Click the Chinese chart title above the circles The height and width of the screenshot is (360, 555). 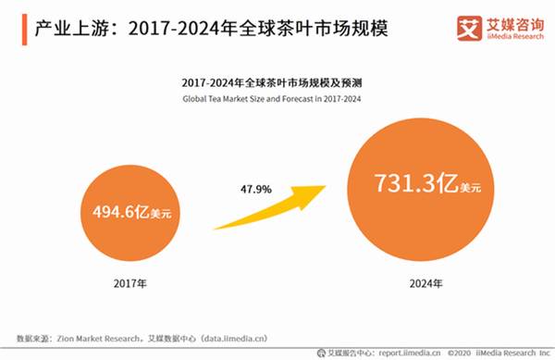point(277,81)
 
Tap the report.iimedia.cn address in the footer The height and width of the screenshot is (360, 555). point(407,352)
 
